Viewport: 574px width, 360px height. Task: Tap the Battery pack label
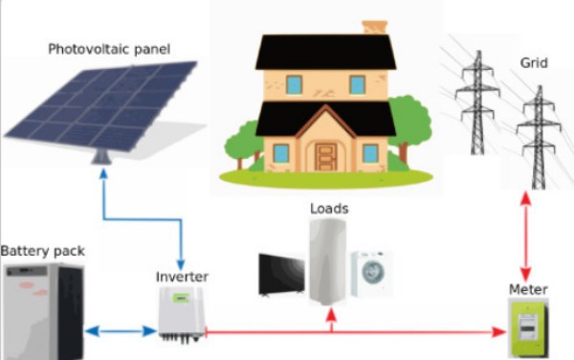pyautogui.click(x=42, y=251)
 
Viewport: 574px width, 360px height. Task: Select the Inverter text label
pyautogui.click(x=182, y=277)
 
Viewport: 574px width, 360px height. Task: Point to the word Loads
pyautogui.click(x=329, y=207)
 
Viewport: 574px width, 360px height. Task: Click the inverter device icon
pyautogui.click(x=182, y=313)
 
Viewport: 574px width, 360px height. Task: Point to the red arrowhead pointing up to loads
pyautogui.click(x=331, y=323)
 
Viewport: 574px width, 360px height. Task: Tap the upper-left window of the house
pyautogui.click(x=294, y=84)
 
